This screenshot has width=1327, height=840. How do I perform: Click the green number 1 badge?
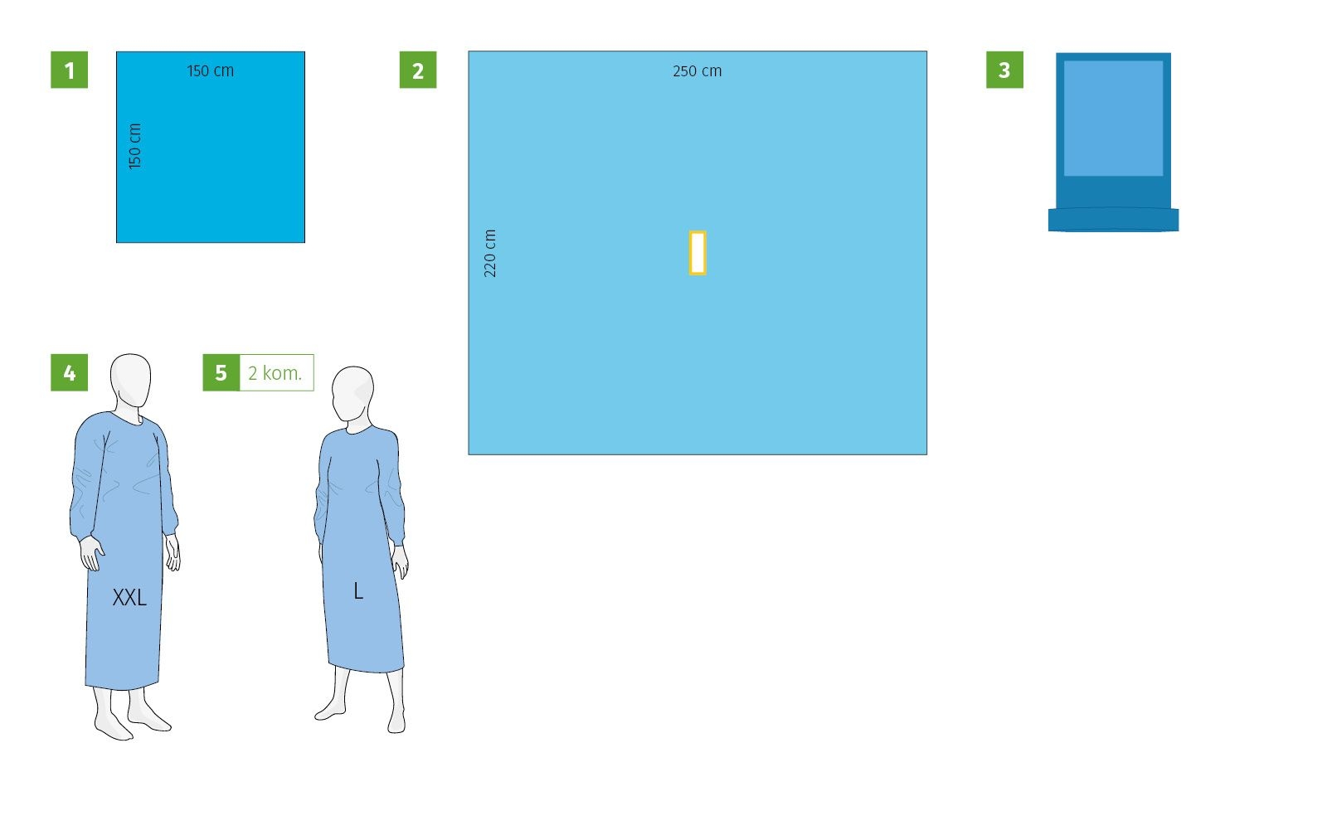(70, 70)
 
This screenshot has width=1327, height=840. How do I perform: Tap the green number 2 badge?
(418, 70)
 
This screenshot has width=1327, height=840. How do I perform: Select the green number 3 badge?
(1004, 70)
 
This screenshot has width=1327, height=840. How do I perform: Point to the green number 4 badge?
(70, 372)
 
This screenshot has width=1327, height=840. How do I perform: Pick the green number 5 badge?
(221, 372)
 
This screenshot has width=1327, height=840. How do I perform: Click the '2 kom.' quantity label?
(275, 373)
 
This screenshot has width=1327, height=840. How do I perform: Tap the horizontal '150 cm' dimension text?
(211, 71)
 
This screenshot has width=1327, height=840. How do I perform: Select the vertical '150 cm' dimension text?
(135, 146)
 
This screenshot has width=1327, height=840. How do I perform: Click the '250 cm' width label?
(698, 71)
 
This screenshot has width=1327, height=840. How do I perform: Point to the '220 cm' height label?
(490, 254)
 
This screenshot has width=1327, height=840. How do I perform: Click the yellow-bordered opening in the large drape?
(698, 253)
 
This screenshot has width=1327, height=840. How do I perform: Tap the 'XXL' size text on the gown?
(129, 598)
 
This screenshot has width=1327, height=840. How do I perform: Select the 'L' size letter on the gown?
(357, 591)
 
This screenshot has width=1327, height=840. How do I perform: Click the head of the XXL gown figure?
(130, 381)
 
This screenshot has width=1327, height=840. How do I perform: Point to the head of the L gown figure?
(352, 394)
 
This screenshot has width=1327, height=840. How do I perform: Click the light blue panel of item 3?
(1114, 118)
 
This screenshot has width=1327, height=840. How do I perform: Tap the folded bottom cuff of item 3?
(1114, 219)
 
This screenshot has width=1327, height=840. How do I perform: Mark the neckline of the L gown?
(357, 429)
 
